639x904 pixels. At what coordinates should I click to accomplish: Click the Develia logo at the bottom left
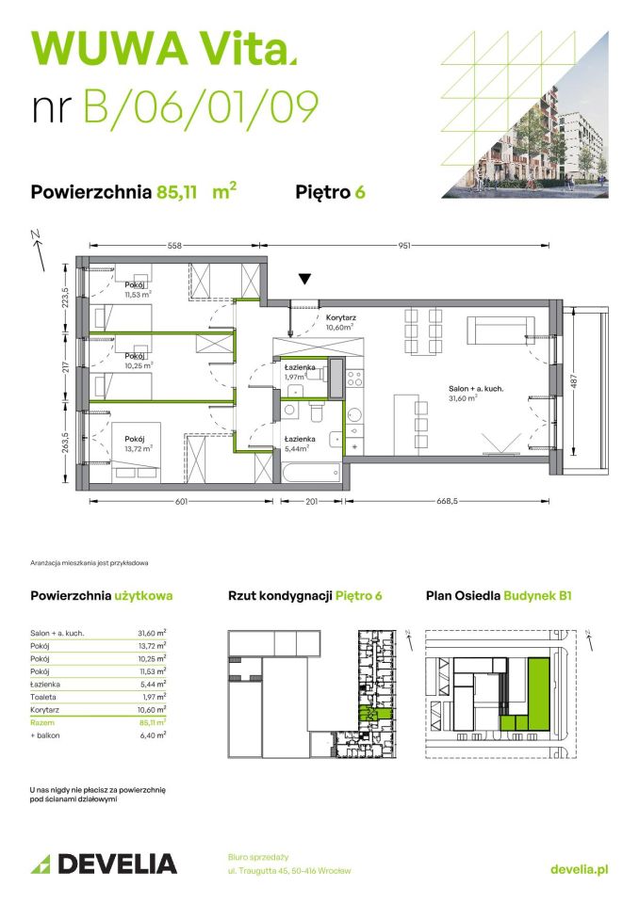tap(104, 864)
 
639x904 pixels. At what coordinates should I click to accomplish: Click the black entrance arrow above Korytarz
tap(303, 279)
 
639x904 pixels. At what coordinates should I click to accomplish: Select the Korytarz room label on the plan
tap(342, 318)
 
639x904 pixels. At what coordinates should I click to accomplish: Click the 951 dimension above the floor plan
tap(405, 246)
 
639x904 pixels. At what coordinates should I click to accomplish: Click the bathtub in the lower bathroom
tap(311, 468)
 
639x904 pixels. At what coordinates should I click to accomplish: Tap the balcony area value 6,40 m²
tap(151, 735)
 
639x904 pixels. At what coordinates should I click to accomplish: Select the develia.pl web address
tap(579, 869)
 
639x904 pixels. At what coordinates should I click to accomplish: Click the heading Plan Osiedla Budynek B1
tap(499, 595)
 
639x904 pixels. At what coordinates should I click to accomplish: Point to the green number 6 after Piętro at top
tap(360, 192)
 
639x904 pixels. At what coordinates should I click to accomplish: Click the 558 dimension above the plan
tap(175, 246)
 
